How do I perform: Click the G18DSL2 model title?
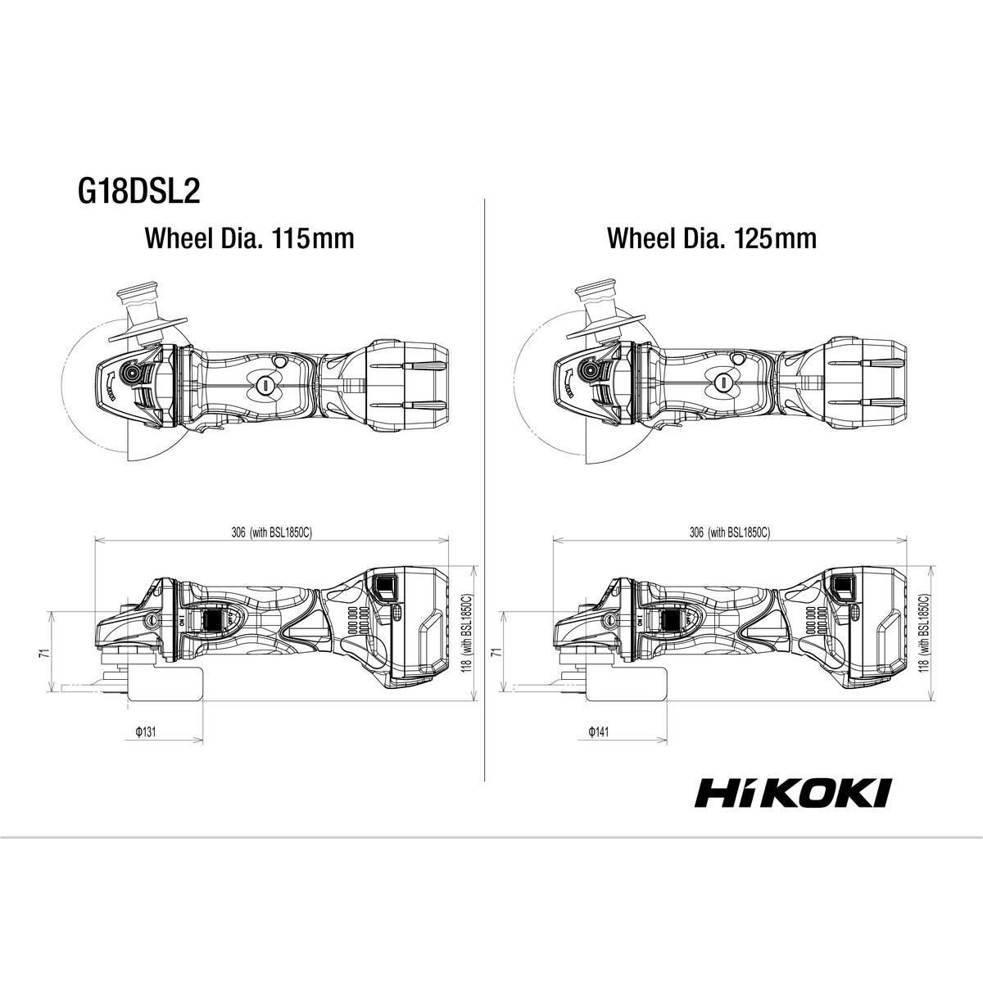(138, 193)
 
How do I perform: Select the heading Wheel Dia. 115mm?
(250, 238)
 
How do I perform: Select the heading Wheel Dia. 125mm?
(712, 238)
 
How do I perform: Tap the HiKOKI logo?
(793, 807)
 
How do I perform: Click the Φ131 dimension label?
(145, 732)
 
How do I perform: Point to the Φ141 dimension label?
(599, 732)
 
